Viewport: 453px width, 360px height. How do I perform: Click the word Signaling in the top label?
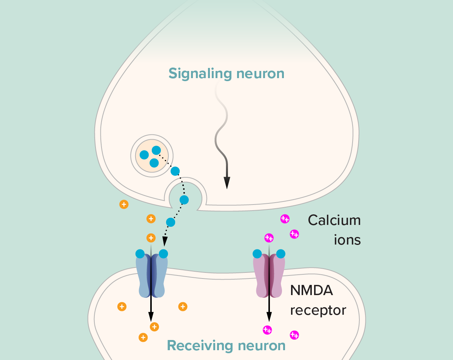click(x=200, y=74)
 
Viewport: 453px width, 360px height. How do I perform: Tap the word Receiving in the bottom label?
click(x=200, y=346)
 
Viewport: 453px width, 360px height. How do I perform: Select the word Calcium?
click(x=334, y=220)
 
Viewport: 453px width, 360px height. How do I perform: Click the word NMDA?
click(x=311, y=291)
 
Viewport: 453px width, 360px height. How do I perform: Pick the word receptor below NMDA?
click(x=318, y=310)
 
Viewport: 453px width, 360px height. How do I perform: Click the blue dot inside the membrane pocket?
click(x=184, y=200)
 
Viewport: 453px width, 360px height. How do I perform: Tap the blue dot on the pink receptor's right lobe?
click(x=280, y=254)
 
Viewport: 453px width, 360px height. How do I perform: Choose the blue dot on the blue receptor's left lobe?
click(x=140, y=254)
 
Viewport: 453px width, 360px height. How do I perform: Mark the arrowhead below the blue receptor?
click(x=151, y=317)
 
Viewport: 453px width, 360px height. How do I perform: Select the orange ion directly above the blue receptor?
click(x=151, y=238)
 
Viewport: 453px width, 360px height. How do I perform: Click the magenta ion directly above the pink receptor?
click(x=269, y=238)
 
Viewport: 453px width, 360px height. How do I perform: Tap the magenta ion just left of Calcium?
click(x=285, y=218)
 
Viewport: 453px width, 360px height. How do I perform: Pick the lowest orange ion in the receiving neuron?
click(x=143, y=337)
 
